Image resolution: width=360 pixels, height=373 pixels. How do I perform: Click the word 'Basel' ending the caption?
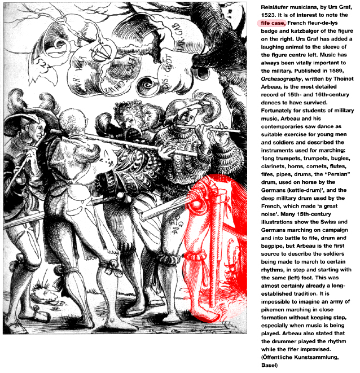pos(269,365)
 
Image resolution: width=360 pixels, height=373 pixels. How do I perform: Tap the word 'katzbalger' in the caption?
pos(305,32)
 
